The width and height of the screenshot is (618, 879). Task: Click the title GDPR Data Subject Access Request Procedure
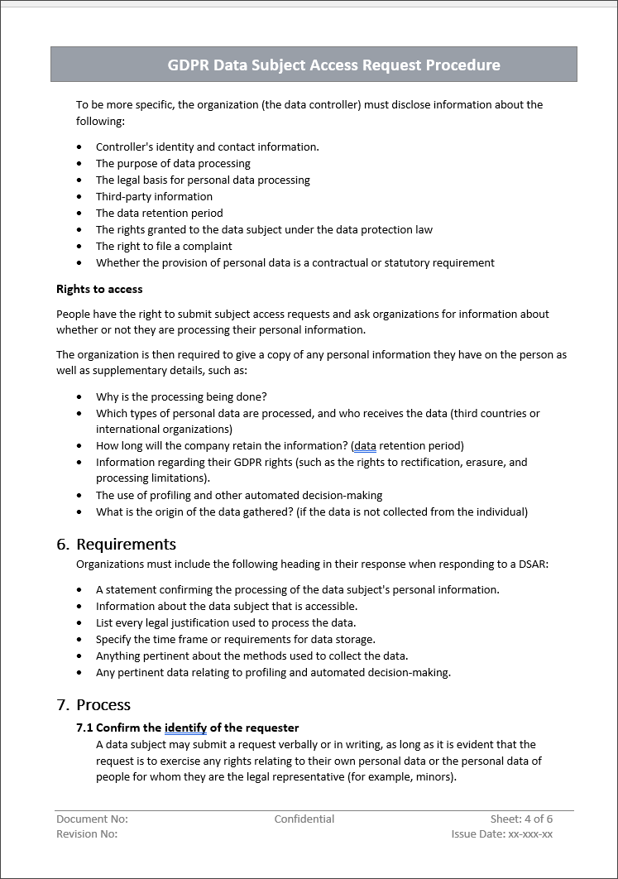click(x=333, y=65)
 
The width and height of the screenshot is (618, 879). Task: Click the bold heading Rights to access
click(x=99, y=289)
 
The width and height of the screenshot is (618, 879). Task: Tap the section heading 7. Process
click(x=93, y=704)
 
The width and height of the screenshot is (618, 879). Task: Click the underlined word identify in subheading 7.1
click(x=185, y=728)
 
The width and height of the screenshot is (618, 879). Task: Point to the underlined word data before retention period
click(x=365, y=445)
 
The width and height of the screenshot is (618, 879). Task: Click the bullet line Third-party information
click(x=154, y=196)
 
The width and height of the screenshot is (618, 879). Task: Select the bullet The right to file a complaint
click(x=164, y=246)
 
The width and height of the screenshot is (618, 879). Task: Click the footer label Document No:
click(x=92, y=819)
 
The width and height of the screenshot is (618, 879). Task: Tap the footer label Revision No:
click(x=87, y=833)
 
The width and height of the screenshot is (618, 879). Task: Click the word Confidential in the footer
click(x=304, y=819)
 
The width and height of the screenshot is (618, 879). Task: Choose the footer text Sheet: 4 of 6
click(x=521, y=819)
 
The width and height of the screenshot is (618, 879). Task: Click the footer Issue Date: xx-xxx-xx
click(x=502, y=833)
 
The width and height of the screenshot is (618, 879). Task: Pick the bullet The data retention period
click(x=159, y=213)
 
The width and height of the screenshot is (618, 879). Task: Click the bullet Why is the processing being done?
click(x=181, y=396)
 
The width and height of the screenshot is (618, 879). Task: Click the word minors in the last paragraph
click(x=434, y=777)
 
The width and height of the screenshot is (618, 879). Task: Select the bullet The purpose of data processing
click(x=173, y=163)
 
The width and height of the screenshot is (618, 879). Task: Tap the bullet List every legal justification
click(x=226, y=622)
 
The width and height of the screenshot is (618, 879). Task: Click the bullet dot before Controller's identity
click(x=79, y=147)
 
